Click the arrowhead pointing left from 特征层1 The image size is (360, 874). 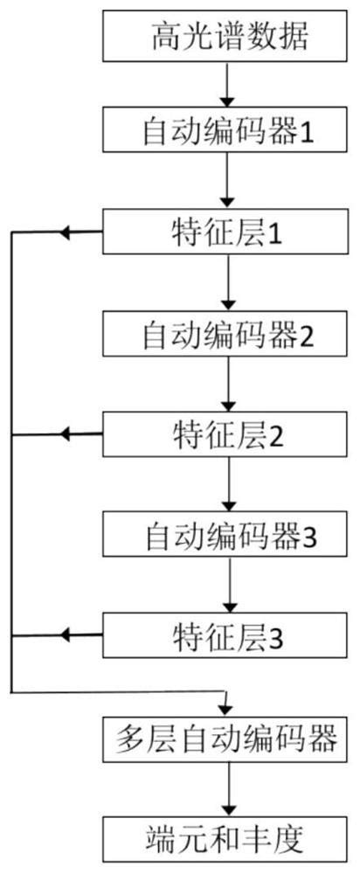(63, 233)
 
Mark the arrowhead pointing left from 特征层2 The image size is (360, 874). (63, 434)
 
